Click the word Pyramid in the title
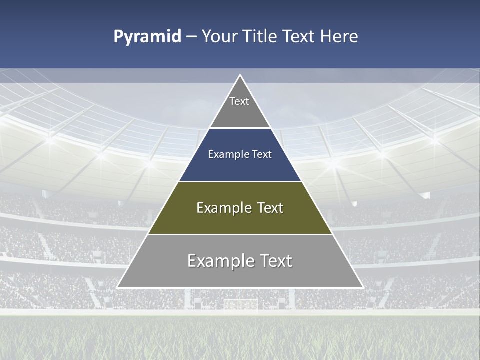click(x=147, y=37)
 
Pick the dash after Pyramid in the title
click(x=191, y=37)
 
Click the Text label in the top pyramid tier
click(x=239, y=101)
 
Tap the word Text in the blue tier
click(x=262, y=154)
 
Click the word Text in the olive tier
click(x=270, y=208)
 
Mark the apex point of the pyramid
click(x=240, y=75)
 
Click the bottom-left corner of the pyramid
click(x=117, y=287)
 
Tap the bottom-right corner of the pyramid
click(x=363, y=287)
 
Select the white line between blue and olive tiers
click(x=240, y=181)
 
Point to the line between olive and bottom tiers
click(x=240, y=234)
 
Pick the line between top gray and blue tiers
click(x=240, y=128)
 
